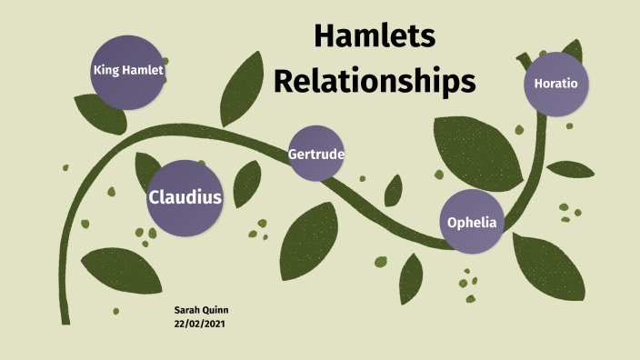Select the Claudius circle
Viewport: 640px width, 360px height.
pyautogui.click(x=185, y=196)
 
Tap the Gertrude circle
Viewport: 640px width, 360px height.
pyautogui.click(x=315, y=154)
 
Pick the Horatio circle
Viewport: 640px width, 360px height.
pyautogui.click(x=556, y=84)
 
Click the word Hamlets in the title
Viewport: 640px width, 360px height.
pyautogui.click(x=375, y=36)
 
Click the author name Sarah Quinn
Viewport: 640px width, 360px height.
pyautogui.click(x=201, y=311)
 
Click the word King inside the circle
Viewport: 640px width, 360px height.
pyautogui.click(x=106, y=70)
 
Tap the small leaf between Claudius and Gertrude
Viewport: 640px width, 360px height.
pyautogui.click(x=246, y=185)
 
